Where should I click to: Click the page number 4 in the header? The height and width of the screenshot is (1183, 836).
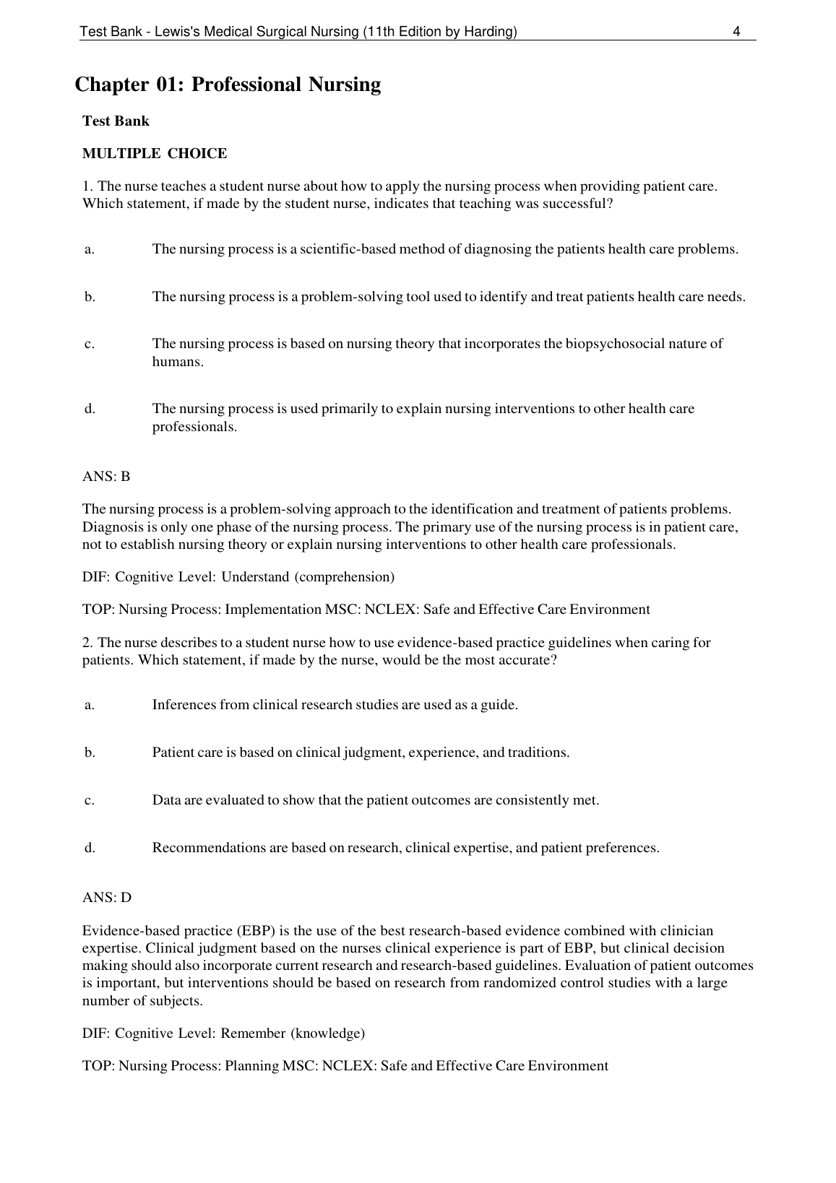(736, 31)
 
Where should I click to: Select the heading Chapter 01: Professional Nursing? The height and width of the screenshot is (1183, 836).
(228, 84)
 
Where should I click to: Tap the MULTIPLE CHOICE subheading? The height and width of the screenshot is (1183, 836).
(155, 153)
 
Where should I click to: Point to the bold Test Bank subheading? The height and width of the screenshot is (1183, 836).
(116, 121)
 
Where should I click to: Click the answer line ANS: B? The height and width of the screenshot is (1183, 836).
(106, 477)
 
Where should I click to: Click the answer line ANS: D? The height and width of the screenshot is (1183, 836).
(107, 897)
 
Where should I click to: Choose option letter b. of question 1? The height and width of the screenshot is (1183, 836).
(90, 296)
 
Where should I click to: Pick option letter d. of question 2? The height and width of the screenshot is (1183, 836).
(90, 847)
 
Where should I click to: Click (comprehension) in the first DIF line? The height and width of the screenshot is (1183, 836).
(345, 576)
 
